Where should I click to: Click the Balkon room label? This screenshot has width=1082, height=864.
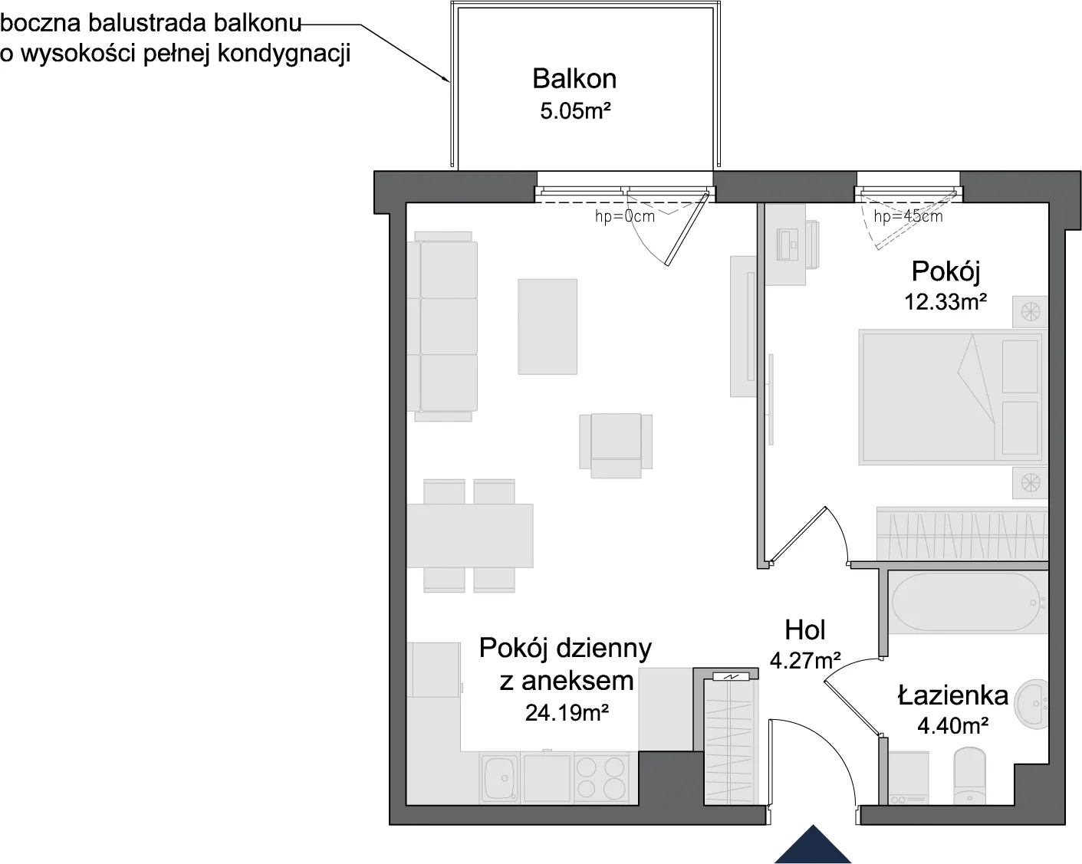pos(574,79)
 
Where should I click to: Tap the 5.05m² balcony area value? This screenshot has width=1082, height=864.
pos(575,110)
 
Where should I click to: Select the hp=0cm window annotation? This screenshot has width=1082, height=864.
pos(625,216)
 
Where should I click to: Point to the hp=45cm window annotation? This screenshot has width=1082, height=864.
pos(908,216)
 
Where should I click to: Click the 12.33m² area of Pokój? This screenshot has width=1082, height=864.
pos(946,301)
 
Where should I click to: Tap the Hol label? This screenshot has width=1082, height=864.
pos(805,629)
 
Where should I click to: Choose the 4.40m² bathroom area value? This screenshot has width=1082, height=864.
pos(953,725)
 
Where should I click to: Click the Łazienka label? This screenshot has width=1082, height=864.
pos(953,695)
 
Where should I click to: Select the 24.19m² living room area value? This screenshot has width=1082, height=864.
pos(567,712)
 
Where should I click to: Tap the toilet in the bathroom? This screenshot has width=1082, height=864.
pos(970,775)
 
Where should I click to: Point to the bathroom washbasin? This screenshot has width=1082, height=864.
pos(1031,705)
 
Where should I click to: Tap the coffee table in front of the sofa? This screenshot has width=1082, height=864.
pos(548,327)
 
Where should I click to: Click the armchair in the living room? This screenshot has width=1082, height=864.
pos(616,445)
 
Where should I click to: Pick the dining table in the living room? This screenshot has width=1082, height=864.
pos(469,535)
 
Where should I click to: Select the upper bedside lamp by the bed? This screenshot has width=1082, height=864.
pos(1030,312)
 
